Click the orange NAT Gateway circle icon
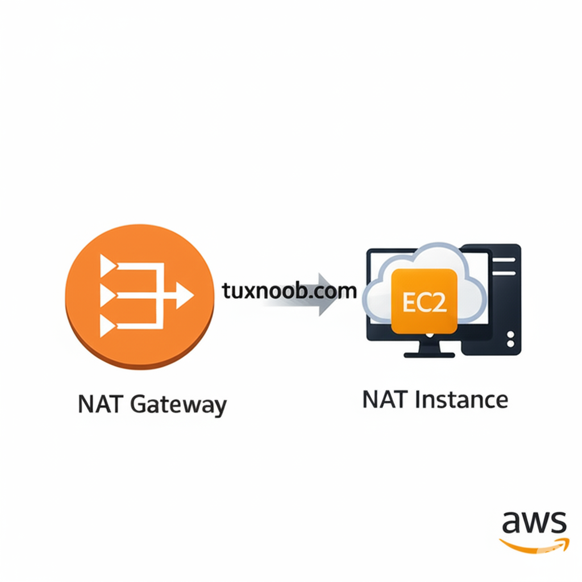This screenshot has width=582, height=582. [140, 297]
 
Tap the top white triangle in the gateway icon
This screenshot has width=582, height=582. [107, 266]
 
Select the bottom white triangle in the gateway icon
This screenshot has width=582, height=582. [107, 326]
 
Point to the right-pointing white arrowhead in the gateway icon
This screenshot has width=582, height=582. [185, 296]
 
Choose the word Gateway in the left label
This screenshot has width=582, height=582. [178, 406]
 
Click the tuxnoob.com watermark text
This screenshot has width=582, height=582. [289, 291]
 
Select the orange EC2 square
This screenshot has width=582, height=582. [424, 301]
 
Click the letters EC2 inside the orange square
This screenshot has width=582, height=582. [424, 302]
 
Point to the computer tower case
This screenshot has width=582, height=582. [490, 300]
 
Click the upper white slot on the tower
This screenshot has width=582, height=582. [504, 260]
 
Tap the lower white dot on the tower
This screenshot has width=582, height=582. [510, 344]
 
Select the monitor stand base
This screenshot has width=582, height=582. [429, 355]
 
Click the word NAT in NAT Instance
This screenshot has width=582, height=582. [384, 400]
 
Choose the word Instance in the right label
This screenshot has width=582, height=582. [462, 400]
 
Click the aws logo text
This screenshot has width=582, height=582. [534, 522]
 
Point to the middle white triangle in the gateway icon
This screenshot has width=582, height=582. [107, 296]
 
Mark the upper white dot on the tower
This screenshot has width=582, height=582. [510, 335]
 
